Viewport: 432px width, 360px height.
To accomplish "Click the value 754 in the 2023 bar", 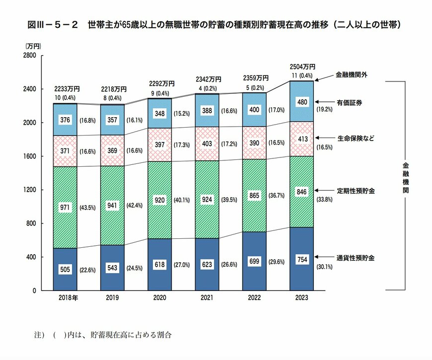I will (301, 259).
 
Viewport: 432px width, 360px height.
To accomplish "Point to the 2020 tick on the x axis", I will (160, 298).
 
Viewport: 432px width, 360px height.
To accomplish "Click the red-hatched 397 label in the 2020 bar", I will (160, 144).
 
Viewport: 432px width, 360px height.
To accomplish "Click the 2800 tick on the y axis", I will (29, 56).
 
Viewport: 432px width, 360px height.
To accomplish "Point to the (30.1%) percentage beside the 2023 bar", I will (326, 267).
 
